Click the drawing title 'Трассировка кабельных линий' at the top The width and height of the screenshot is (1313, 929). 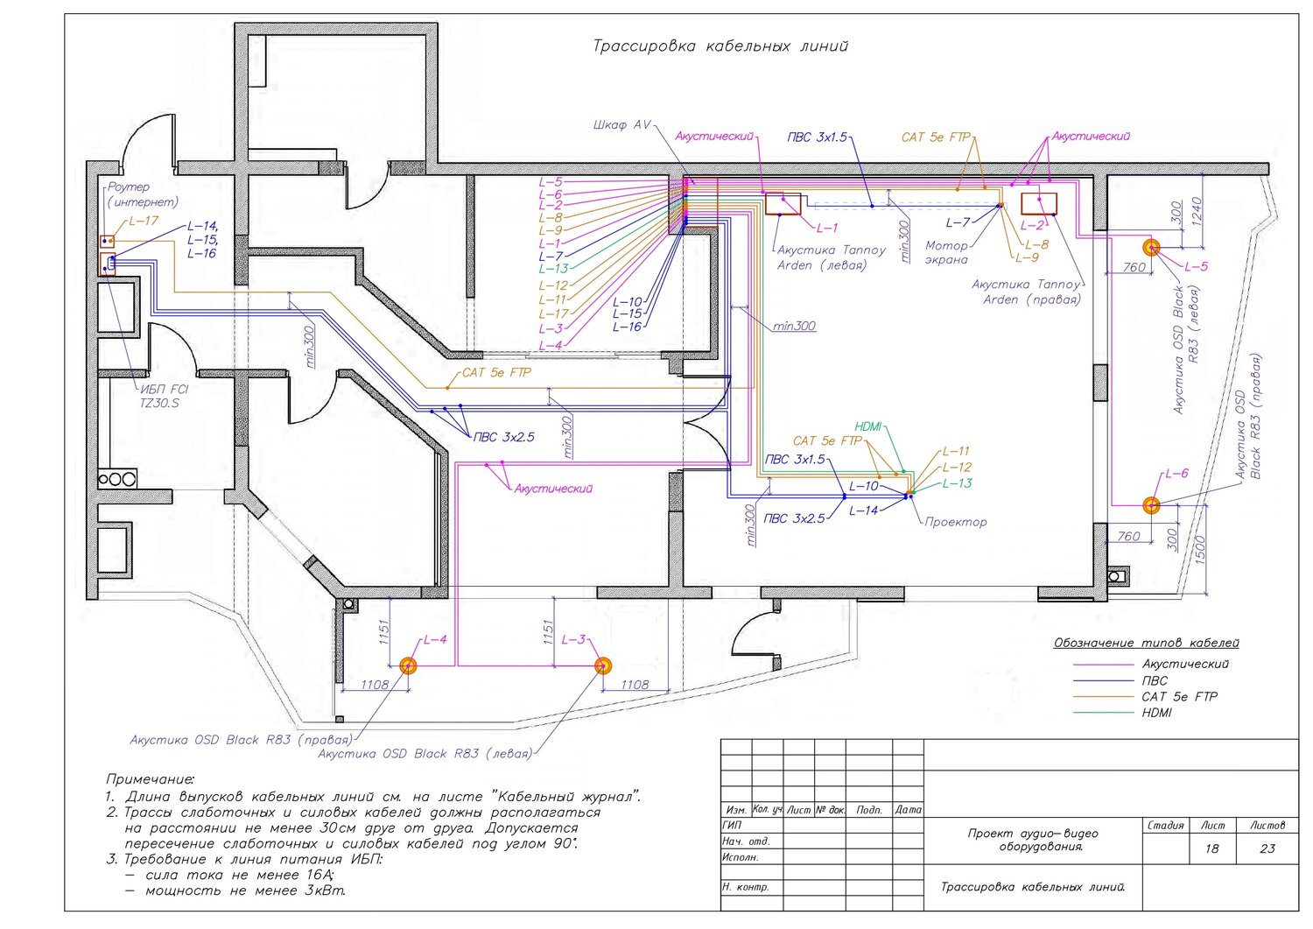tap(720, 46)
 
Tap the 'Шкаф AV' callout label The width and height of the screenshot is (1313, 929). tap(621, 125)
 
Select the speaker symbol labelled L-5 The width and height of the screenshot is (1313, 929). tap(1151, 248)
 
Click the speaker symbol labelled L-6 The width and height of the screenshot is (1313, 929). tap(1151, 505)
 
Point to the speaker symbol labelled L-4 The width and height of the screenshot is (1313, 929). tap(408, 665)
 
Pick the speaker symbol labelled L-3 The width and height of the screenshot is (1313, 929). tap(603, 665)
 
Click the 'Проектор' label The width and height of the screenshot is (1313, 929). tap(956, 522)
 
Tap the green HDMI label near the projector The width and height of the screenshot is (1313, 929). tap(868, 426)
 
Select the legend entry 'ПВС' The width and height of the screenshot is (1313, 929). tap(1155, 681)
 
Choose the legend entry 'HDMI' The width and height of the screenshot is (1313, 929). tap(1156, 713)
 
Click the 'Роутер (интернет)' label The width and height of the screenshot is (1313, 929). tap(143, 194)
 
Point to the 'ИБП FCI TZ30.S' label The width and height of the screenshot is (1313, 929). tap(164, 396)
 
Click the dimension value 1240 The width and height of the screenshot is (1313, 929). tap(1197, 212)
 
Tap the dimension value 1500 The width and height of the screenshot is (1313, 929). tap(1199, 550)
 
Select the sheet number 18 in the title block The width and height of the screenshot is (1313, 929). tap(1211, 848)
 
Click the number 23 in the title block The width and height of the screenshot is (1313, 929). tap(1267, 848)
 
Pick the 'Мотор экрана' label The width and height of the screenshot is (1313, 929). tap(946, 253)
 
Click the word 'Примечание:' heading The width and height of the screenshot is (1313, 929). tap(150, 779)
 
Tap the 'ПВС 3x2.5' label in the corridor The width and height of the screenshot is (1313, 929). tap(503, 437)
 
